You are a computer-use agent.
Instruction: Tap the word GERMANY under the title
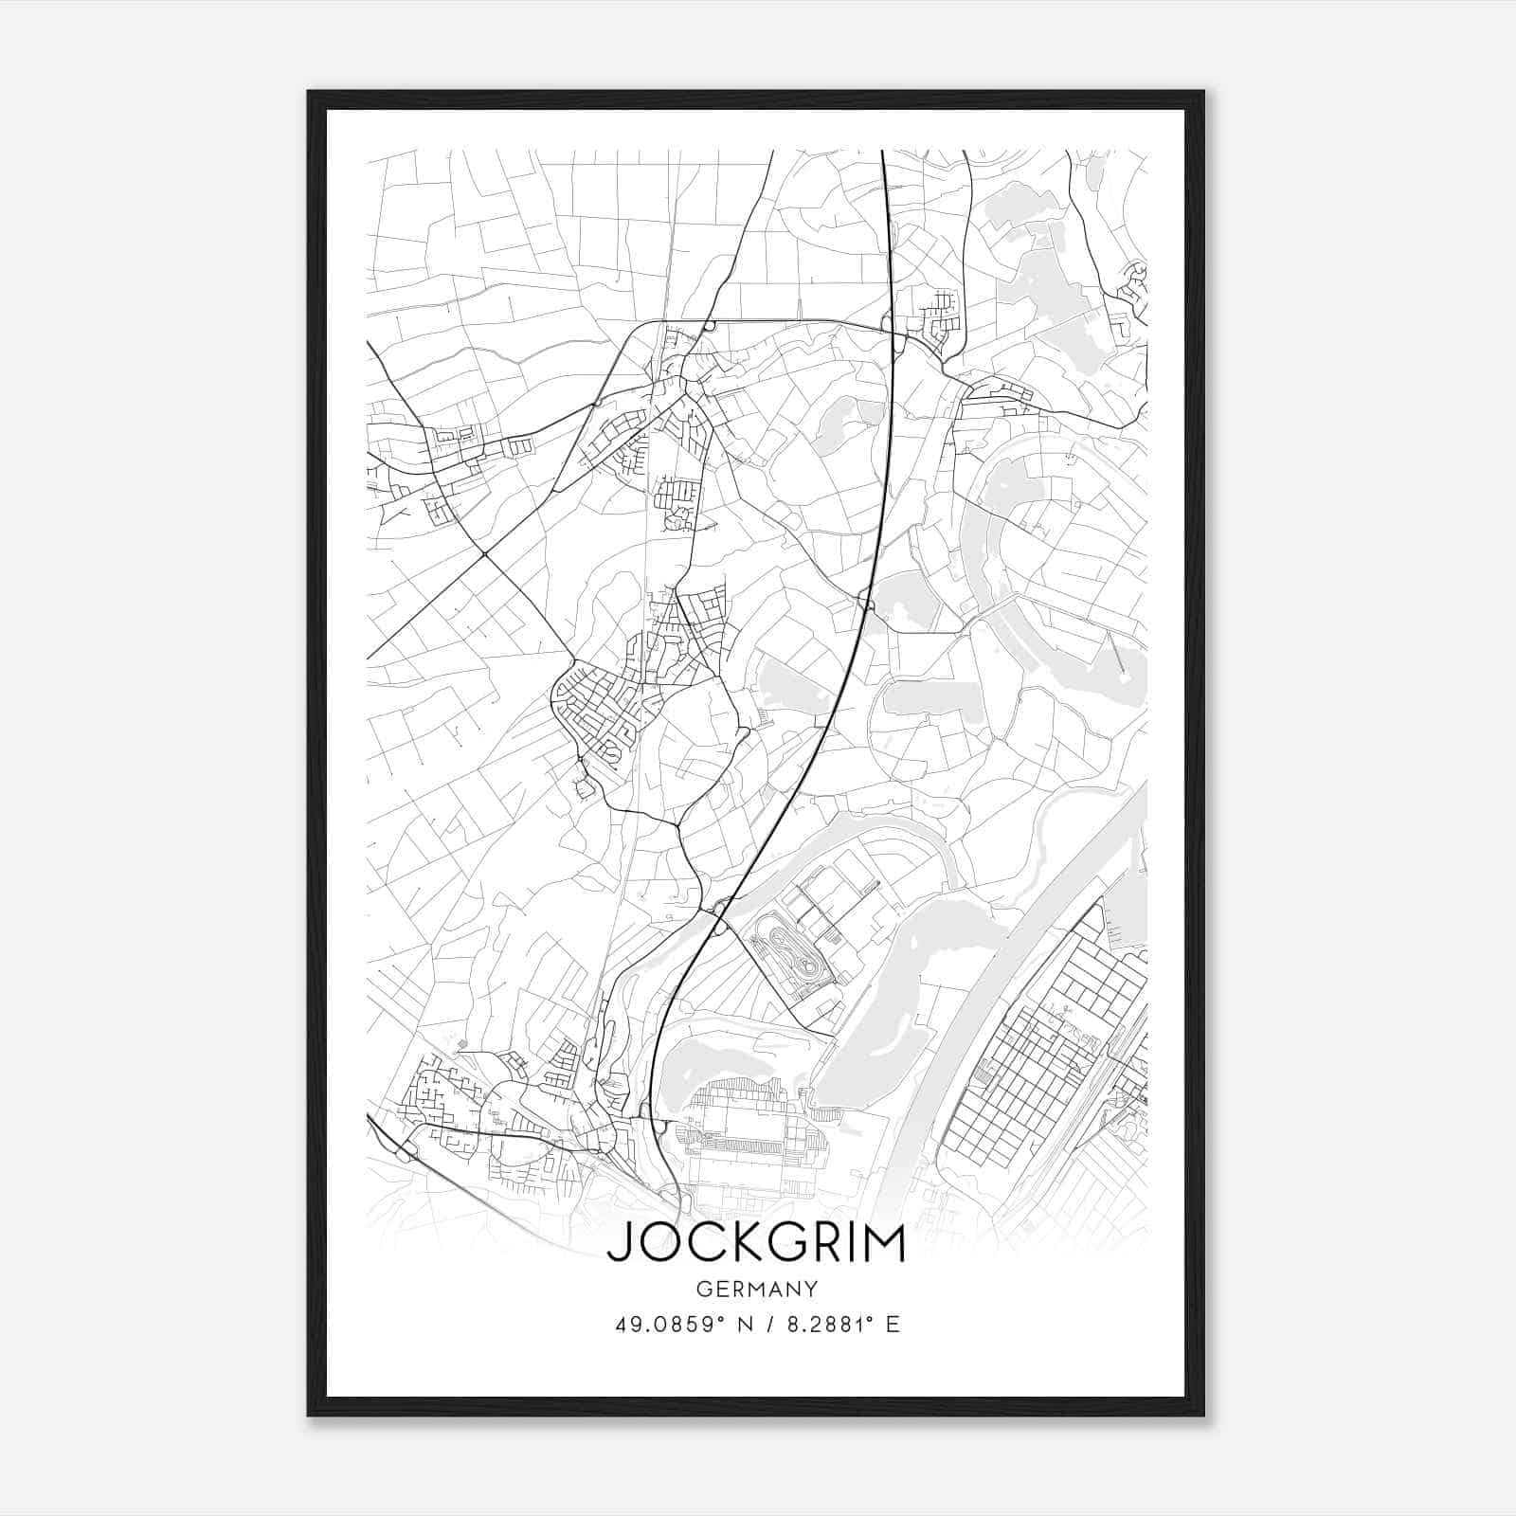(x=756, y=1289)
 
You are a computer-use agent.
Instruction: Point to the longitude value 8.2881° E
(x=837, y=1324)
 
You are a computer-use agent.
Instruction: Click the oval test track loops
(x=786, y=957)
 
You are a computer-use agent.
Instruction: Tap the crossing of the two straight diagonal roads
(x=484, y=553)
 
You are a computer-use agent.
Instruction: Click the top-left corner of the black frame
(x=309, y=92)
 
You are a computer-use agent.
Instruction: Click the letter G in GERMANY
(x=701, y=1289)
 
